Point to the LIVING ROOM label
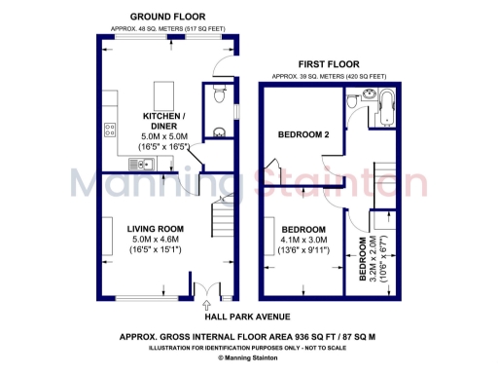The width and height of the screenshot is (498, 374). click(156, 229)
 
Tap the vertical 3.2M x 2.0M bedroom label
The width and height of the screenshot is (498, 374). click(377, 258)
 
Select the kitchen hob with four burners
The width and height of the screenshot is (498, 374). click(109, 127)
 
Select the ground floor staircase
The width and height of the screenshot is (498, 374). click(224, 227)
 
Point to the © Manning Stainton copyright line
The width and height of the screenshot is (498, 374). click(249, 358)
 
